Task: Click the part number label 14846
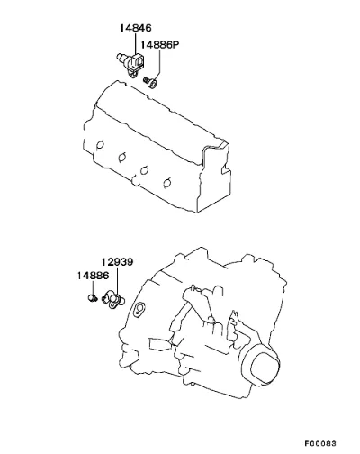coord(136,28)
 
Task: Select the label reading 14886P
coord(160,45)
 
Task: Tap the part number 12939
coord(117,262)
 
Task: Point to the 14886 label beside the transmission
coord(93,276)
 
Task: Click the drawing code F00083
coord(321,443)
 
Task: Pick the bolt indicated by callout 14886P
coord(151,82)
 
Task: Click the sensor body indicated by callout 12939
coord(113,300)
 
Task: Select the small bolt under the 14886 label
coord(93,298)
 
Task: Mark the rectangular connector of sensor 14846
coord(139,62)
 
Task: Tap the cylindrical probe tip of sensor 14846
coord(121,56)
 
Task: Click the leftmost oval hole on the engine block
coord(100,145)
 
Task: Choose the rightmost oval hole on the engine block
coord(166,183)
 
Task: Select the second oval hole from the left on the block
coord(122,157)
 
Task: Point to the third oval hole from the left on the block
coord(144,170)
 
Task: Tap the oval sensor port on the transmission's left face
coord(139,309)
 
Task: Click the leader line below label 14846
coord(136,44)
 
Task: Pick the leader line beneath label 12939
coord(117,282)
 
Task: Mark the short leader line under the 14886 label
coord(93,288)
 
